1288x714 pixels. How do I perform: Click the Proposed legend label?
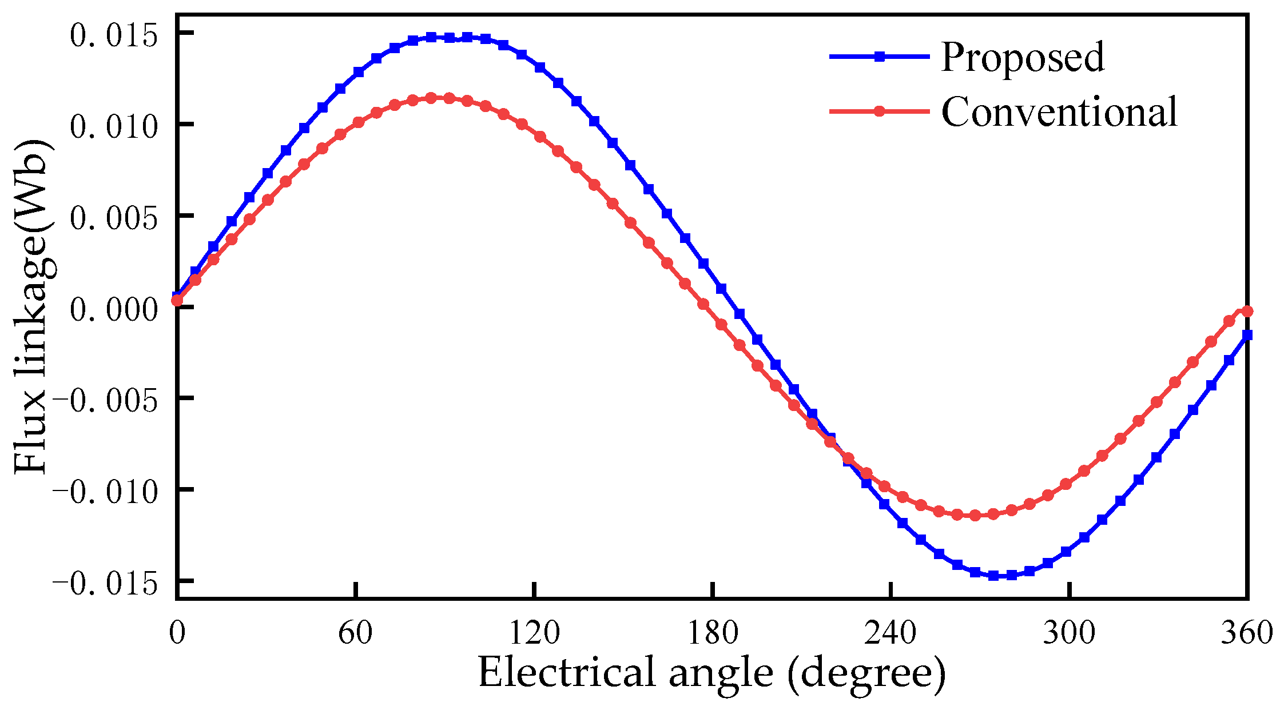click(1023, 58)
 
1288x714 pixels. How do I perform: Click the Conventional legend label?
click(1059, 112)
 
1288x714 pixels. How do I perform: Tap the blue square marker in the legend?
click(880, 56)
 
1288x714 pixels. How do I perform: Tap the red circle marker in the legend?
click(880, 111)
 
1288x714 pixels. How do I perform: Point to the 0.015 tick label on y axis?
click(113, 35)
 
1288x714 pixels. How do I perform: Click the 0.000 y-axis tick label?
click(113, 309)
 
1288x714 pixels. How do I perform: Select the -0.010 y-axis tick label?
click(105, 492)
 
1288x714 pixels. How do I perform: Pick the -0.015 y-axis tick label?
click(105, 583)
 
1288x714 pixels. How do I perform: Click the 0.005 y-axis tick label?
click(113, 218)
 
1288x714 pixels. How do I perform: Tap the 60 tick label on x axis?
click(355, 633)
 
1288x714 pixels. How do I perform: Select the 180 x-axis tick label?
click(712, 633)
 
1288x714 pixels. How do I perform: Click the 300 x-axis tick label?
click(1069, 633)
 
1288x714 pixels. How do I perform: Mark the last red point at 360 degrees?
click(1247, 312)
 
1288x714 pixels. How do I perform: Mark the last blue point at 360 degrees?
click(1247, 335)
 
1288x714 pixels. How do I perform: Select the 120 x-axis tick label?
click(534, 633)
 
